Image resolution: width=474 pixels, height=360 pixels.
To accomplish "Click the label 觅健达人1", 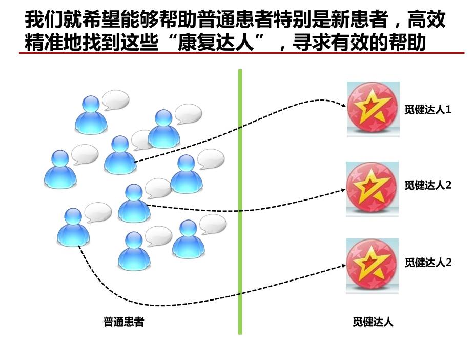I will pos(427,110).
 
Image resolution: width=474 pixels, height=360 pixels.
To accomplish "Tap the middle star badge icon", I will pos(373,188).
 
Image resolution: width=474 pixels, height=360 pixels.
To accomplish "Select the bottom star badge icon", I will pos(373,265).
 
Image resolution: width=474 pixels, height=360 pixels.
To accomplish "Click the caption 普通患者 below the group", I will pos(123,322).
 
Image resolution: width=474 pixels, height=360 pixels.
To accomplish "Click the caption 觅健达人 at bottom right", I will pos(373,322).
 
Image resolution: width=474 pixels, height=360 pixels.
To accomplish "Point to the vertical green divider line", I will pos(240,205).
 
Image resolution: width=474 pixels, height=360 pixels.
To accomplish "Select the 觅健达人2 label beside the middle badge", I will pos(427,185).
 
